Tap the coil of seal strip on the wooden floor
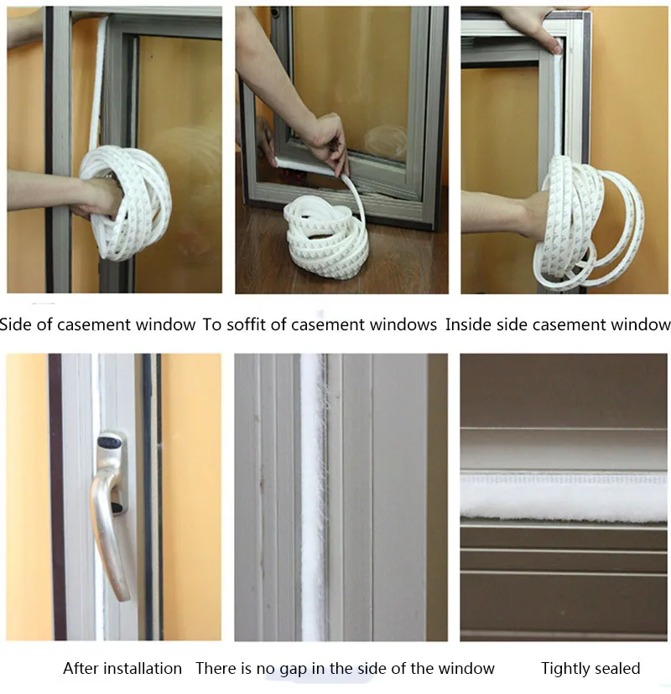tap(325, 239)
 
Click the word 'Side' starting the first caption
tap(17, 325)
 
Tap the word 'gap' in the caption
tap(294, 669)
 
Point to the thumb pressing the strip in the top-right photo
tap(556, 47)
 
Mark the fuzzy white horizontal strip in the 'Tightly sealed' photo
tap(564, 496)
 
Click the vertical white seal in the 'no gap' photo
tap(314, 495)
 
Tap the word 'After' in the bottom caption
tap(81, 668)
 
